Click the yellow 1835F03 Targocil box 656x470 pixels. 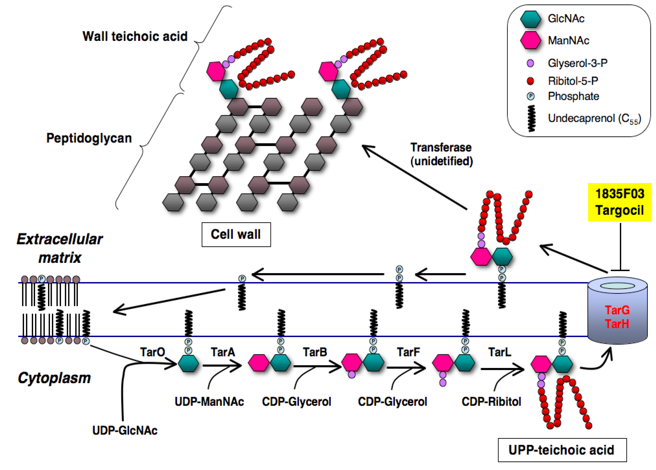(x=619, y=202)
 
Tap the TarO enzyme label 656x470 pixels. (x=152, y=352)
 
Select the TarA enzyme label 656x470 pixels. (x=223, y=352)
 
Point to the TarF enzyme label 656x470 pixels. (x=408, y=352)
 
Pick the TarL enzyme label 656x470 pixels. (x=500, y=352)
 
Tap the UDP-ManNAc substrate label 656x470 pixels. (x=209, y=401)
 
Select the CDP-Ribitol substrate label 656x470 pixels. (x=491, y=401)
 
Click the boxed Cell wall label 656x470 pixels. (x=236, y=234)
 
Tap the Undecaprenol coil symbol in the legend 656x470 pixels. (x=531, y=118)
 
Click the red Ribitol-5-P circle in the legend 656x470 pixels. (x=530, y=81)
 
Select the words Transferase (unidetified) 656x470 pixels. (x=441, y=154)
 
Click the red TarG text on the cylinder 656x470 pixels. (x=617, y=310)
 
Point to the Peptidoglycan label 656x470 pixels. (x=89, y=138)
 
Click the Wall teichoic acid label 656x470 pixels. (x=135, y=37)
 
